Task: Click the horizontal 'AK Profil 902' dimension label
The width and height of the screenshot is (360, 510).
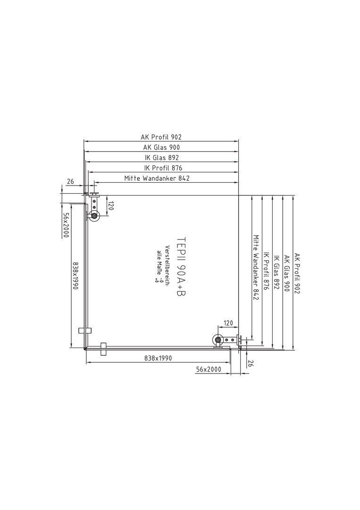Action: click(x=161, y=137)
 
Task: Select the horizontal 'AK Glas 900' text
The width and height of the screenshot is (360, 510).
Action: click(x=161, y=147)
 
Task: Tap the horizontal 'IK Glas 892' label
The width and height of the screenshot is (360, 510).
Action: click(x=161, y=158)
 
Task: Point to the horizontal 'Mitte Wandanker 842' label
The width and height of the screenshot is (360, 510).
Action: click(x=157, y=178)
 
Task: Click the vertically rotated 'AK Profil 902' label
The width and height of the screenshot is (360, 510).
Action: click(x=297, y=273)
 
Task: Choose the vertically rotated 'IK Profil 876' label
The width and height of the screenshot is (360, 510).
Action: click(x=266, y=271)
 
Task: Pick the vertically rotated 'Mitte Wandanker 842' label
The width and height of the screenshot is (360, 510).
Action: click(x=255, y=267)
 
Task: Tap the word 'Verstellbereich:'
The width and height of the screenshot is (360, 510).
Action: click(x=167, y=265)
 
